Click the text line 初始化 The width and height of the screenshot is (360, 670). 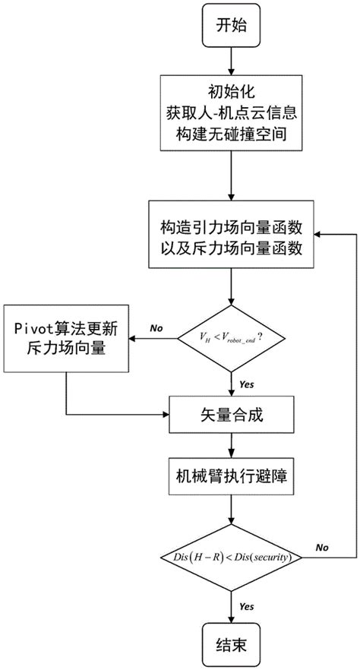(x=231, y=96)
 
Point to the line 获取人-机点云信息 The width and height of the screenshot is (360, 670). (x=231, y=119)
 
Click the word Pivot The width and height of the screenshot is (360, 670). (x=35, y=327)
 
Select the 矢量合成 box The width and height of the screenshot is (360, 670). (x=231, y=415)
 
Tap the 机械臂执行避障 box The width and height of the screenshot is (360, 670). (x=231, y=480)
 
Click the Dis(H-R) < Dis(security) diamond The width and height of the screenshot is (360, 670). (x=231, y=558)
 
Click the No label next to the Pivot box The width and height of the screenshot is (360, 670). (x=156, y=328)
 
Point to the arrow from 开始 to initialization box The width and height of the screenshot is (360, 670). (x=231, y=62)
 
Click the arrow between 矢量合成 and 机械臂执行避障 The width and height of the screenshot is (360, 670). (x=231, y=448)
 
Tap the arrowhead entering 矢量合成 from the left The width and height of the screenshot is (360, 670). (x=165, y=415)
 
